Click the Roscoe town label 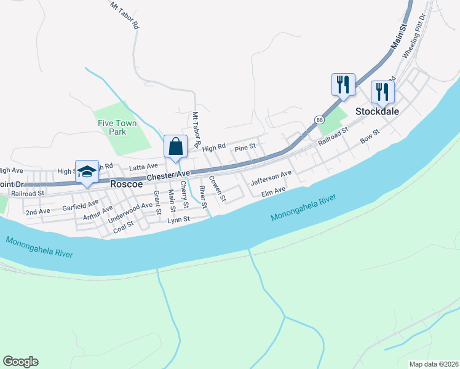(127, 183)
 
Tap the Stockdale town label (378, 111)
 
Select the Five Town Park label (117, 127)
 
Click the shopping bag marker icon (175, 146)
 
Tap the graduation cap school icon (87, 171)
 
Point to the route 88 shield (319, 119)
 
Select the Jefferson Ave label (271, 178)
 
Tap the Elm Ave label (274, 192)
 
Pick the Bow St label (370, 136)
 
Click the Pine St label (245, 149)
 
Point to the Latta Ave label (143, 167)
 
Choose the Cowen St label (218, 189)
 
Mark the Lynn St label (178, 219)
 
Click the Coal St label (124, 228)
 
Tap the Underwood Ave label (130, 213)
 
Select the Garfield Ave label (80, 205)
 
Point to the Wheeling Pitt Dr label (414, 38)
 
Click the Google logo (20, 362)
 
